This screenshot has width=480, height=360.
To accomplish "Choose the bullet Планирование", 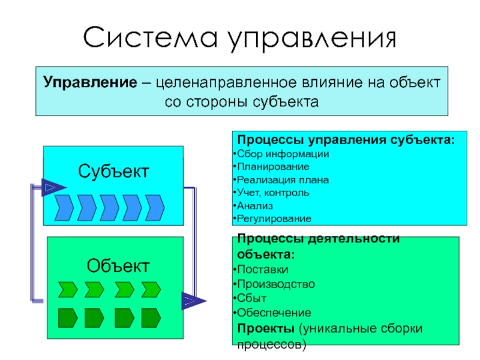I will point(273,166).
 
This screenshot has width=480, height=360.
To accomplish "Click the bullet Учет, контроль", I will point(273,193).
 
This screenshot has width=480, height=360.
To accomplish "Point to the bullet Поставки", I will point(262,269).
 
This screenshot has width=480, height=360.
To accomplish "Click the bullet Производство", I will point(275,283).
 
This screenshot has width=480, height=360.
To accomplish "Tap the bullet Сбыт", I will point(251,298).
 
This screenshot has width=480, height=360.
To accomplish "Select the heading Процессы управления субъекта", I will point(346,140).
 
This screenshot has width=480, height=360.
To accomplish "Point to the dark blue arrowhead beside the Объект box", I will point(192,300).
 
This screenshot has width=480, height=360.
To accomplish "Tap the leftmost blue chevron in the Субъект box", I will point(64,208).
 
